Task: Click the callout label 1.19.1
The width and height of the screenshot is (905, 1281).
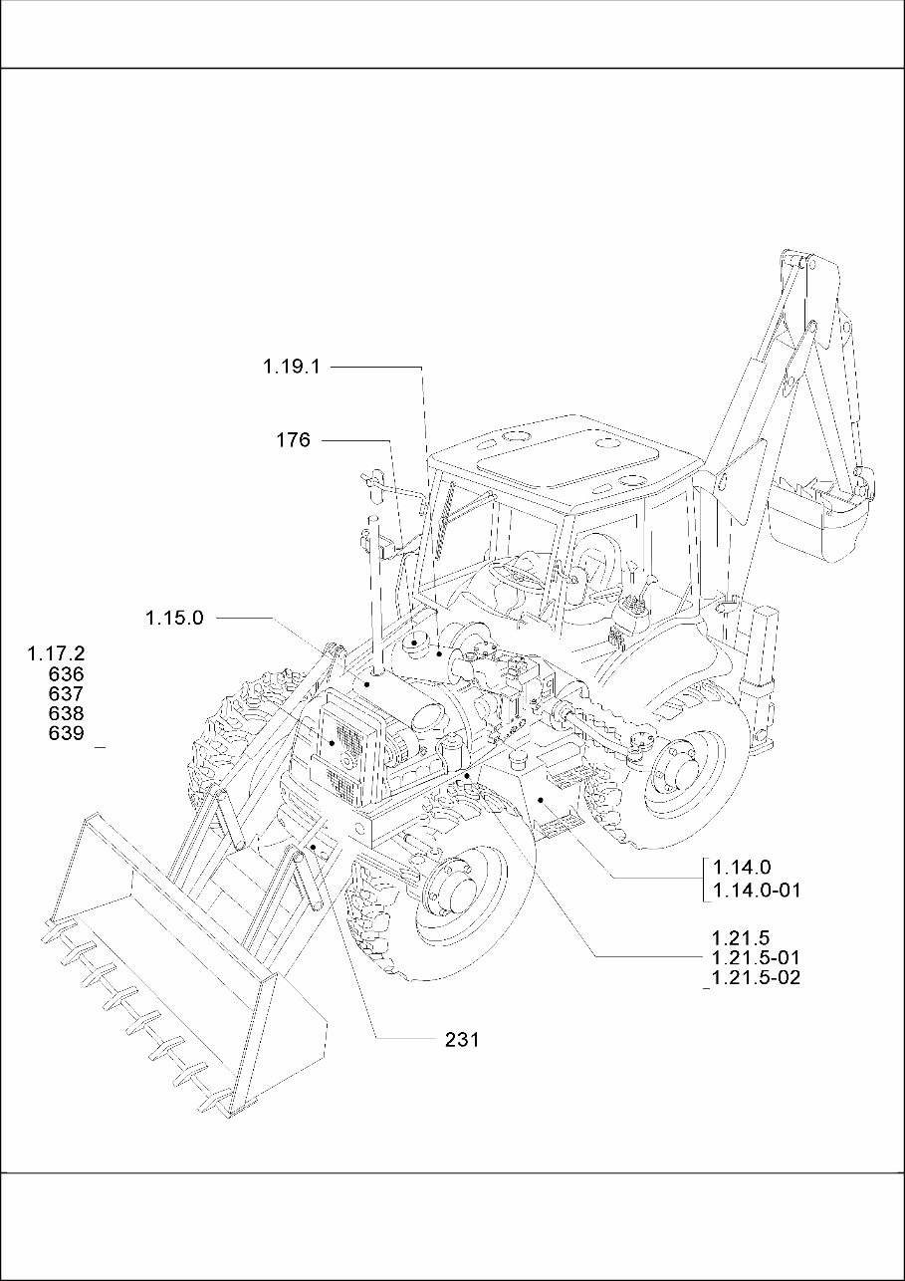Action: [x=291, y=367]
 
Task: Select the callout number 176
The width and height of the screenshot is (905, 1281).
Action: [x=293, y=439]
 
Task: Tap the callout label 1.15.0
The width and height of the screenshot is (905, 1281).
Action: [x=174, y=618]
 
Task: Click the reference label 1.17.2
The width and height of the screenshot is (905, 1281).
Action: [x=57, y=654]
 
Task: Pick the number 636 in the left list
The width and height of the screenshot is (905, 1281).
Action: [x=66, y=674]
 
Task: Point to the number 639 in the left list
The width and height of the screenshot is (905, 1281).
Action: [x=66, y=734]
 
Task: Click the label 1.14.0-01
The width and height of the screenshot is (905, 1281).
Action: [x=757, y=891]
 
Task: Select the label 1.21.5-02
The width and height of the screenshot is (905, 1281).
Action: [x=757, y=978]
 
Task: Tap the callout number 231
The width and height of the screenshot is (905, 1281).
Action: [x=462, y=1040]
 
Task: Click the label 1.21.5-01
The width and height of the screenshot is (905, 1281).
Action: [x=757, y=958]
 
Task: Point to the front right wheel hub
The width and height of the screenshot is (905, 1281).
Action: [x=453, y=886]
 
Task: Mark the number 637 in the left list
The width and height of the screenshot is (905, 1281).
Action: [x=66, y=694]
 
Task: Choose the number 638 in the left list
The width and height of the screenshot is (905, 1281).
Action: [x=66, y=714]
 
